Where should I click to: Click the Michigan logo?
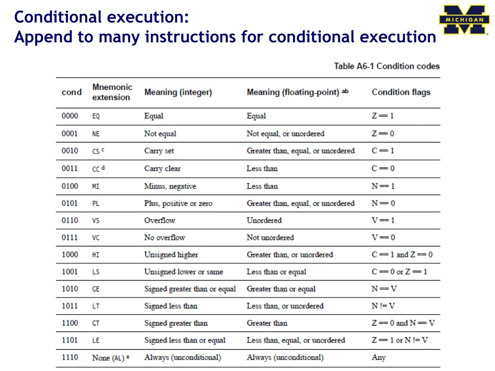[x=464, y=20]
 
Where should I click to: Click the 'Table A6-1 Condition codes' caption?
[x=387, y=66]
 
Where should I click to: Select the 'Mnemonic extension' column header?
[x=112, y=92]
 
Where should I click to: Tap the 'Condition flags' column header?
[x=401, y=92]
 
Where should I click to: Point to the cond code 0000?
[x=70, y=116]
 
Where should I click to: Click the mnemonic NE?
[x=96, y=134]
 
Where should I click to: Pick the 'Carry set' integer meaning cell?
[x=159, y=151]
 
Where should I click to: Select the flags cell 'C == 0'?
[x=383, y=169]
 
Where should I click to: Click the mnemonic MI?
[x=96, y=186]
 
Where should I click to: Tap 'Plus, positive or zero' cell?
[x=178, y=203]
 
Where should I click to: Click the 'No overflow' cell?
[x=164, y=238]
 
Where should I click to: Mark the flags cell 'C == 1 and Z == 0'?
[x=402, y=255]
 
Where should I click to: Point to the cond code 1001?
[x=70, y=271]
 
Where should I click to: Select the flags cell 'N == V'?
[x=383, y=289]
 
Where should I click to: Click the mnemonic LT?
[x=96, y=306]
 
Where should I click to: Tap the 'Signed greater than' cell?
[x=175, y=323]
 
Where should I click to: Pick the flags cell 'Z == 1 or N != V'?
[x=400, y=340]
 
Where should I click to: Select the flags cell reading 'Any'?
[x=379, y=357]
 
